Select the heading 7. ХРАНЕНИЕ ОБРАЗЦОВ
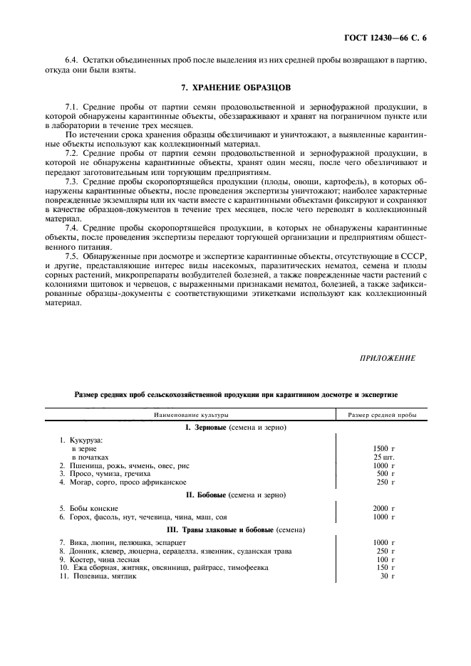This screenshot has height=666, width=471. click(236, 88)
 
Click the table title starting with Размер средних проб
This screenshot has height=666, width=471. click(236, 393)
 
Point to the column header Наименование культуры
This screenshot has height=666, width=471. click(189, 414)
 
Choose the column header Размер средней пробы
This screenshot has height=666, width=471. click(383, 414)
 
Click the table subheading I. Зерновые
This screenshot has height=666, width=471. click(235, 428)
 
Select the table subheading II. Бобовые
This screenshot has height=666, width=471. click(235, 494)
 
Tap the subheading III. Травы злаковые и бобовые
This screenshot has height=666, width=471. click(235, 530)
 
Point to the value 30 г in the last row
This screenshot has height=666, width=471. click(387, 576)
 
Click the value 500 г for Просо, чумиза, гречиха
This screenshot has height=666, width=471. click(385, 474)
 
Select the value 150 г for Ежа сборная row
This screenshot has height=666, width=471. click(385, 567)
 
